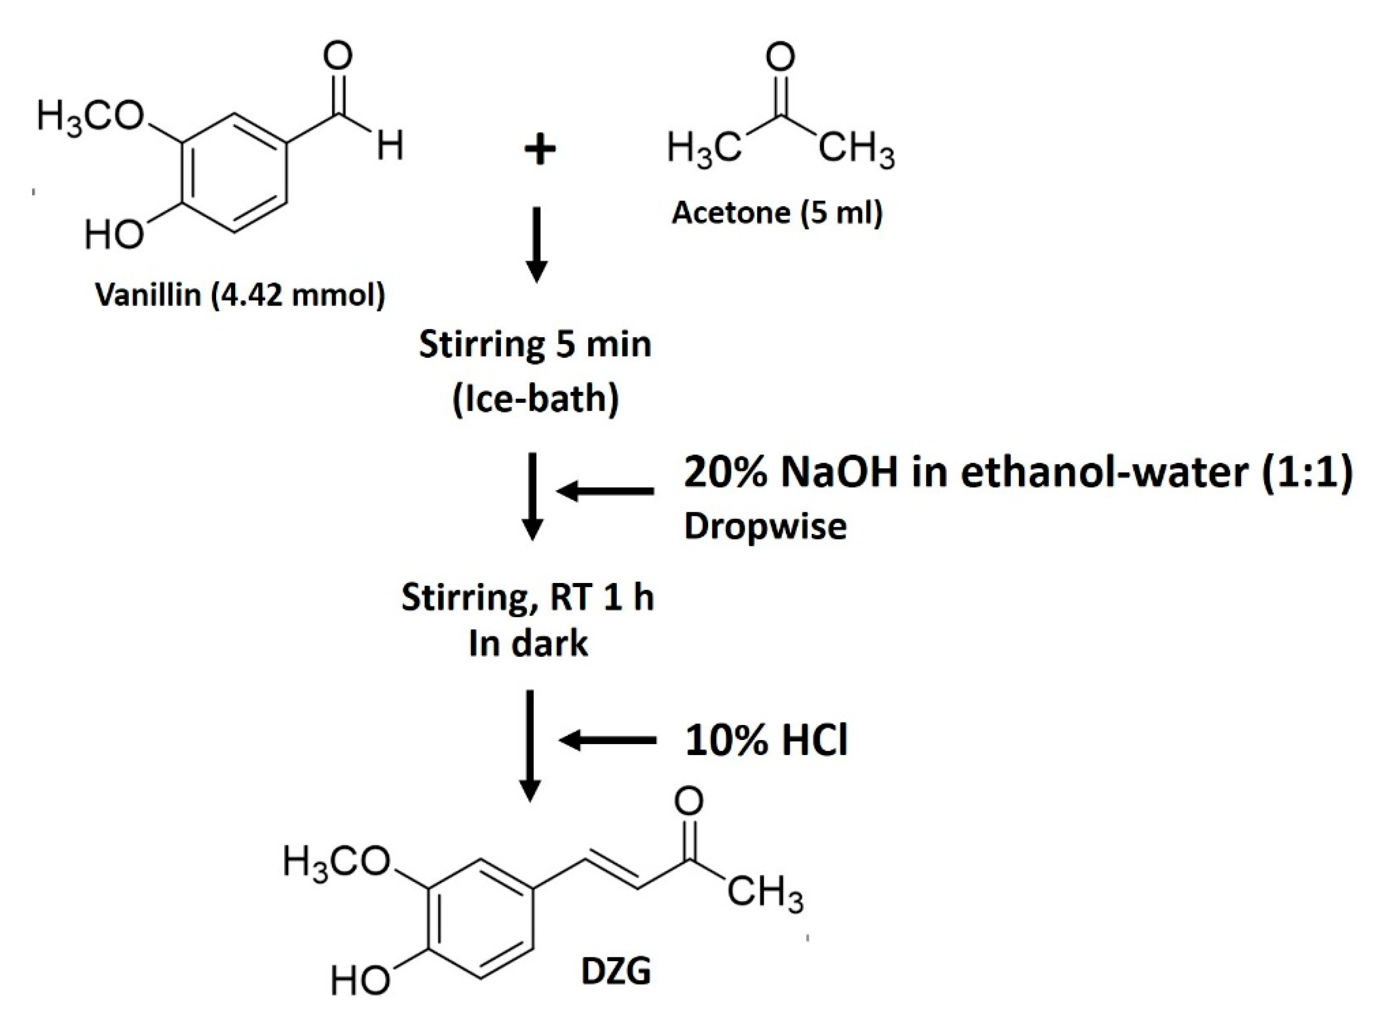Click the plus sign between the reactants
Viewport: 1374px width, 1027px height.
(539, 151)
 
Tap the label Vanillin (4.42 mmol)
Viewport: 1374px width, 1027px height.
(240, 295)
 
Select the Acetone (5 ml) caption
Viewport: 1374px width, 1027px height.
(777, 213)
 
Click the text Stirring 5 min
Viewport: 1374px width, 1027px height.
(535, 345)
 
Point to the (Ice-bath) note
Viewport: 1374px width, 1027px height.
(535, 399)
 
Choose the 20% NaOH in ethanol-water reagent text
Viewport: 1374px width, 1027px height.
(1017, 474)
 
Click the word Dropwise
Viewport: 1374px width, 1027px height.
(765, 526)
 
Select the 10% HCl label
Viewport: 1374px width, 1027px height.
(766, 741)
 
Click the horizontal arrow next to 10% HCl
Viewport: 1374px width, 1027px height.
(607, 740)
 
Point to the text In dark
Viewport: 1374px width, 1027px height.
(528, 643)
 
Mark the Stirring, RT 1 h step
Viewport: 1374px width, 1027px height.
(528, 598)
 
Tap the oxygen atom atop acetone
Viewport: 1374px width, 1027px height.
(780, 58)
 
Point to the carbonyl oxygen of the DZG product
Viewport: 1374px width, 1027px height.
(690, 801)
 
